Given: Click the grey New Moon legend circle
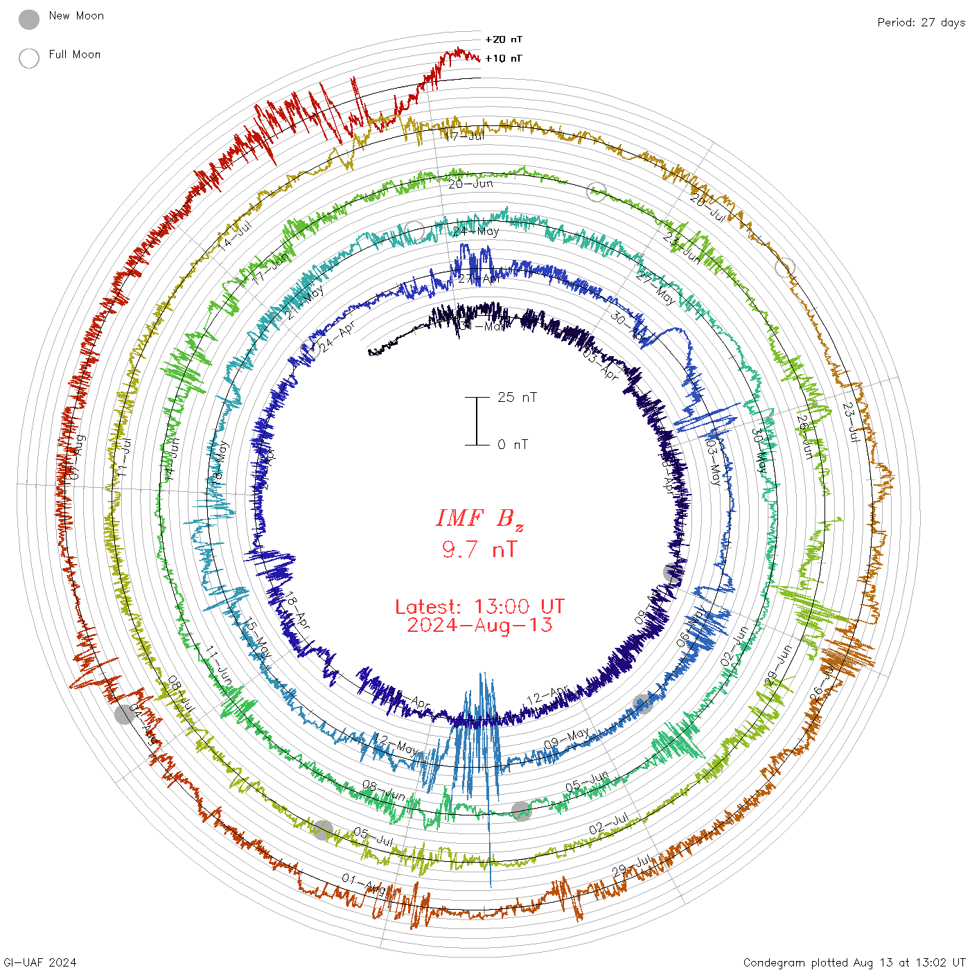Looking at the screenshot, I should pos(29,20).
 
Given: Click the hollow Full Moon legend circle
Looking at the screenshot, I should pos(29,59).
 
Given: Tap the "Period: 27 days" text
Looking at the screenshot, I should pos(921,23).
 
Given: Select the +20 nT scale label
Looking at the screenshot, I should pos(504,39).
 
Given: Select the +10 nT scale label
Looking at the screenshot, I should pos(504,58).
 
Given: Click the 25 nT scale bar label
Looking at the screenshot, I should pos(517,398).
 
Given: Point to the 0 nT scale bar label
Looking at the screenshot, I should pos(513,445).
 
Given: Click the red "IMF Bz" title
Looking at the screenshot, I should pos(479,518).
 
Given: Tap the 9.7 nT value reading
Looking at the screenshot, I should pos(479,550).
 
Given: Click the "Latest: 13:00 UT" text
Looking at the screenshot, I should pos(479,607).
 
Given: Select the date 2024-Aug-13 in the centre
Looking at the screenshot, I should pos(479,626).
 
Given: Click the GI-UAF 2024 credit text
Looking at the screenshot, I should pos(39,962).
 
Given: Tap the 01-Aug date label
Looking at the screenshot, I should pos(363,884).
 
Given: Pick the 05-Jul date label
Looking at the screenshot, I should pos(373,837).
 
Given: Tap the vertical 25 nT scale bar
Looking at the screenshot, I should pos(477,421).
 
